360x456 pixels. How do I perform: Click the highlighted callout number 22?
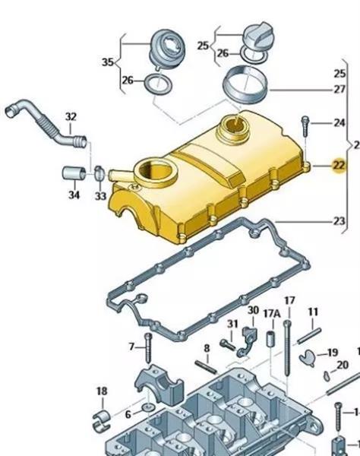tap(339, 166)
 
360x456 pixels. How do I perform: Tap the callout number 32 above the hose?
tap(71, 116)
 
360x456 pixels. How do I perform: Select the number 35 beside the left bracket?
tap(108, 62)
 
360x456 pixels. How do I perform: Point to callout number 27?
tap(339, 90)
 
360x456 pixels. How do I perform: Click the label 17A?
tap(272, 313)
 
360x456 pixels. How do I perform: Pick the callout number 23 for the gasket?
tap(339, 221)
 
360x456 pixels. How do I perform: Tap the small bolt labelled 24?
tap(305, 126)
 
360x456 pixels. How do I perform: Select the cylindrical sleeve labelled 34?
tap(74, 173)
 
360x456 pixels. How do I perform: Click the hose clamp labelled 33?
tap(99, 173)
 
